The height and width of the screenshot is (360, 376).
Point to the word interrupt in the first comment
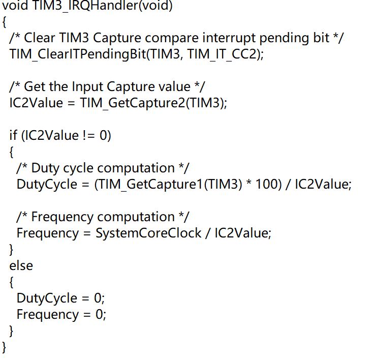click(x=231, y=38)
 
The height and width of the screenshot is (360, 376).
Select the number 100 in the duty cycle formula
click(x=267, y=184)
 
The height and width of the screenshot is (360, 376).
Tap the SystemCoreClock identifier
click(x=149, y=233)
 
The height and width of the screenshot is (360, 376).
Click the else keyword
click(x=21, y=265)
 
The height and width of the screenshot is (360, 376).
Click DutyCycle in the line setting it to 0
click(x=47, y=298)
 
